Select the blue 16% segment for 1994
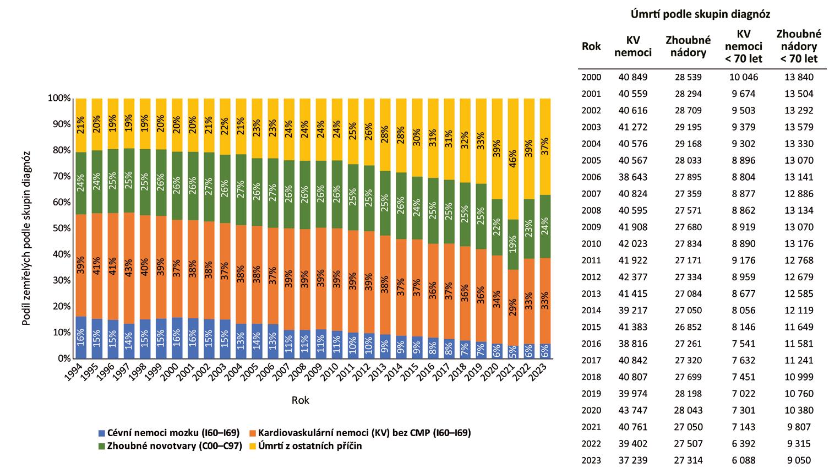click(x=81, y=337)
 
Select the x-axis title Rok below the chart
click(x=301, y=400)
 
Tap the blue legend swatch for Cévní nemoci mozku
click(x=101, y=433)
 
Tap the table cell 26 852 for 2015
click(x=688, y=327)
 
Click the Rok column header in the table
click(x=591, y=46)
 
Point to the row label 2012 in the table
click(x=591, y=277)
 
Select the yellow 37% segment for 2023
click(x=545, y=146)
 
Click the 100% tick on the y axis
click(x=61, y=99)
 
